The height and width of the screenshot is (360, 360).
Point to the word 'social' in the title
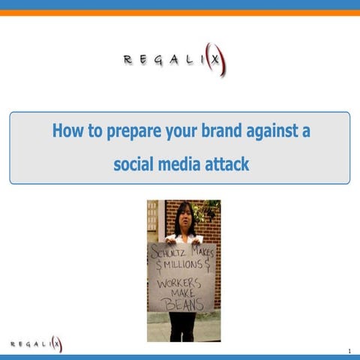pos(133,163)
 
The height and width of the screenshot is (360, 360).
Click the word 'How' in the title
pos(64,131)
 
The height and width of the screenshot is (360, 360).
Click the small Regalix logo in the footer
pos(36,344)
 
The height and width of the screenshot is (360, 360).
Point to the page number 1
pos(349,351)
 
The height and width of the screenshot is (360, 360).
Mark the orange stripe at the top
pos(180,13)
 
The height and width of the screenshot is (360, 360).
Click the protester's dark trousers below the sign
pos(182,325)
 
